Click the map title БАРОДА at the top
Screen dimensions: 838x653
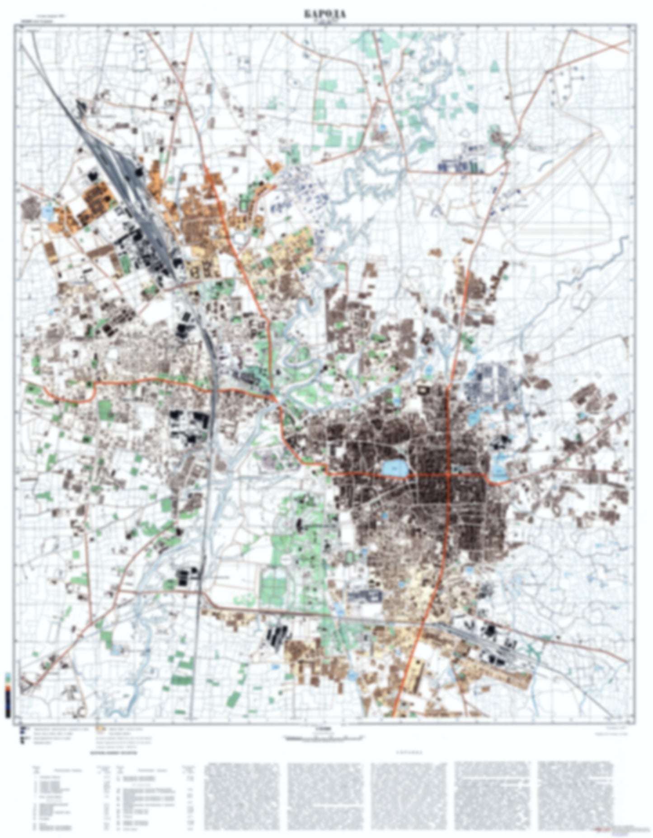325,14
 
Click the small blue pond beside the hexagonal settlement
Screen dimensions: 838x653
47,211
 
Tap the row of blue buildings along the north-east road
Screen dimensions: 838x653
461,166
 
